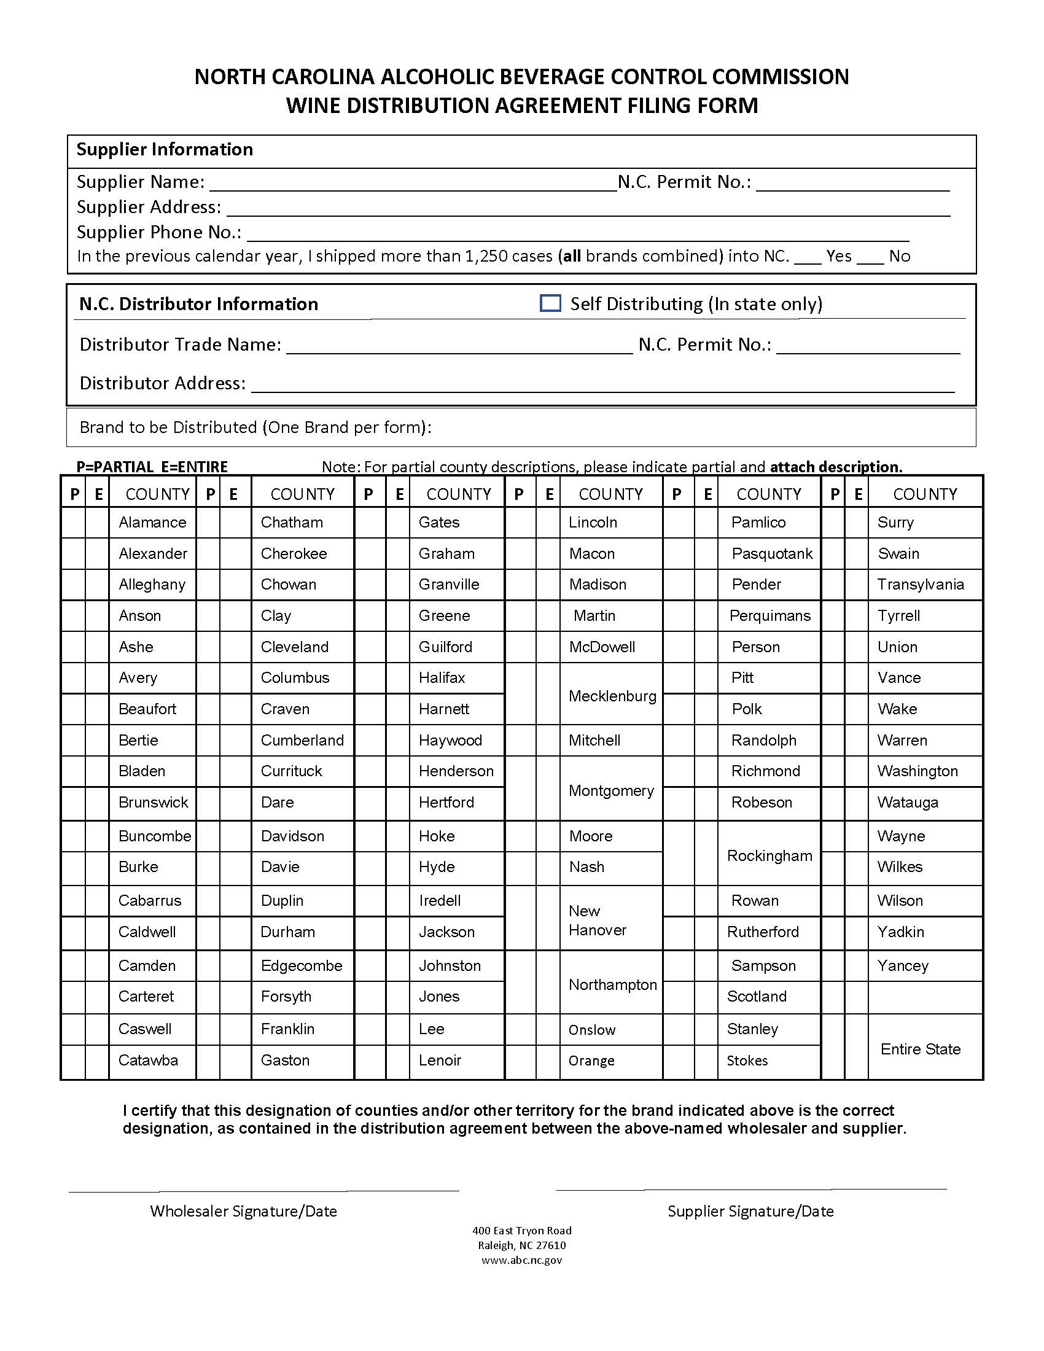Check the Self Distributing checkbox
(x=550, y=303)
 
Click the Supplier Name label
(x=141, y=182)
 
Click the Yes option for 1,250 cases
(x=838, y=256)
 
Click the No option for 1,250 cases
(x=898, y=256)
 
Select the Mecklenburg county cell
(x=612, y=696)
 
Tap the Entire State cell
(x=920, y=1049)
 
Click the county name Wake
(x=897, y=709)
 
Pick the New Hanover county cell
(x=598, y=920)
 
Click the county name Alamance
(x=152, y=522)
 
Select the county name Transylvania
(x=921, y=585)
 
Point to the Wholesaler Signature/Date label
(x=243, y=1211)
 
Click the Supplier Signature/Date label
(x=750, y=1211)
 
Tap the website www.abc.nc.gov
(x=521, y=1260)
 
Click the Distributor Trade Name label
(x=180, y=345)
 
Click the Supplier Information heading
(x=165, y=150)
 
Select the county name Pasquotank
(x=771, y=554)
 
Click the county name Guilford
(x=445, y=647)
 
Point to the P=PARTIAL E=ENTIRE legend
(x=152, y=467)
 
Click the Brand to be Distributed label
(x=255, y=427)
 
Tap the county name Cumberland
(x=302, y=740)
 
